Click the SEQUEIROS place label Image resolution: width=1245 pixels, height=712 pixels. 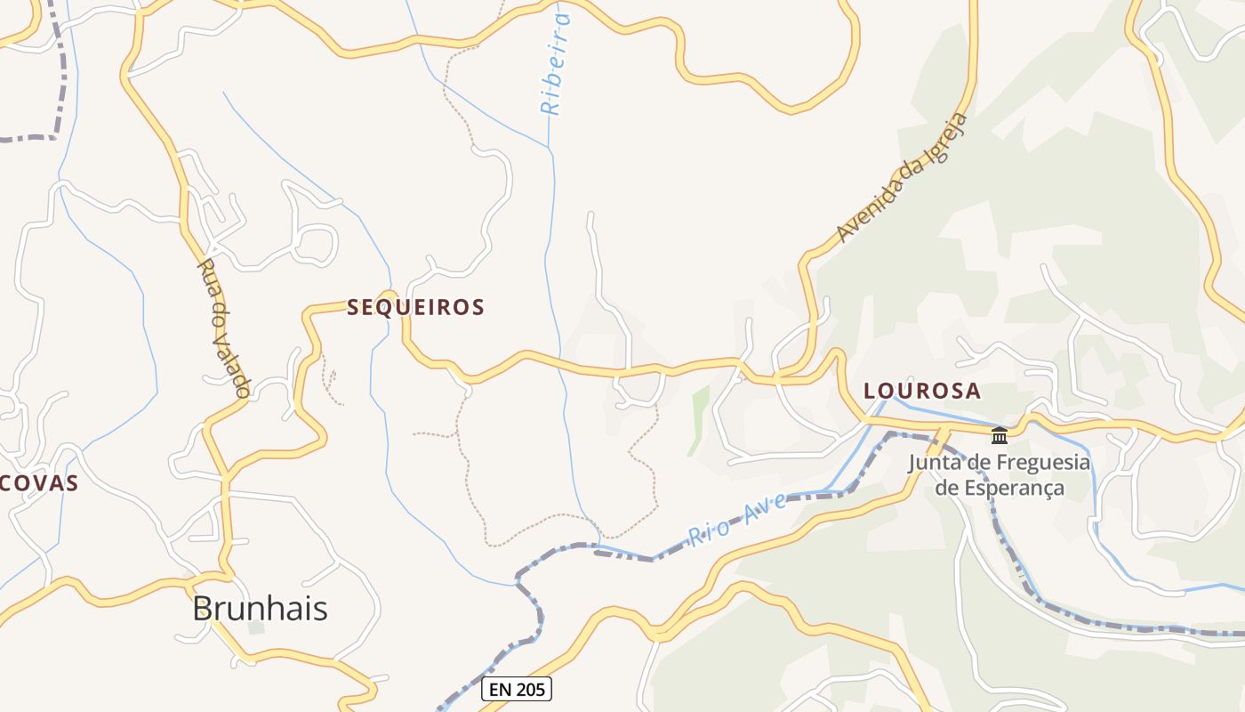415,308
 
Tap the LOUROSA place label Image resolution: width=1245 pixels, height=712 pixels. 922,391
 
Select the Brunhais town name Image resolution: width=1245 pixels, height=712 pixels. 260,609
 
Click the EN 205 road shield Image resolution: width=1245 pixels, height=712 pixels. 516,688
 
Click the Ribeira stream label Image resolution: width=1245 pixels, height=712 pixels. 556,64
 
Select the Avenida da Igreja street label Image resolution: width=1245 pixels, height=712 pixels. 901,178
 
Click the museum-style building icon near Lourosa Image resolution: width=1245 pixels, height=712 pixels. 1000,435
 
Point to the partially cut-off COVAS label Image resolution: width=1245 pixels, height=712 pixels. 39,484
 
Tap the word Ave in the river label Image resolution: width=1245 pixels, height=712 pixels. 767,506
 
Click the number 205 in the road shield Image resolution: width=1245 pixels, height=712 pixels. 530,688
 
